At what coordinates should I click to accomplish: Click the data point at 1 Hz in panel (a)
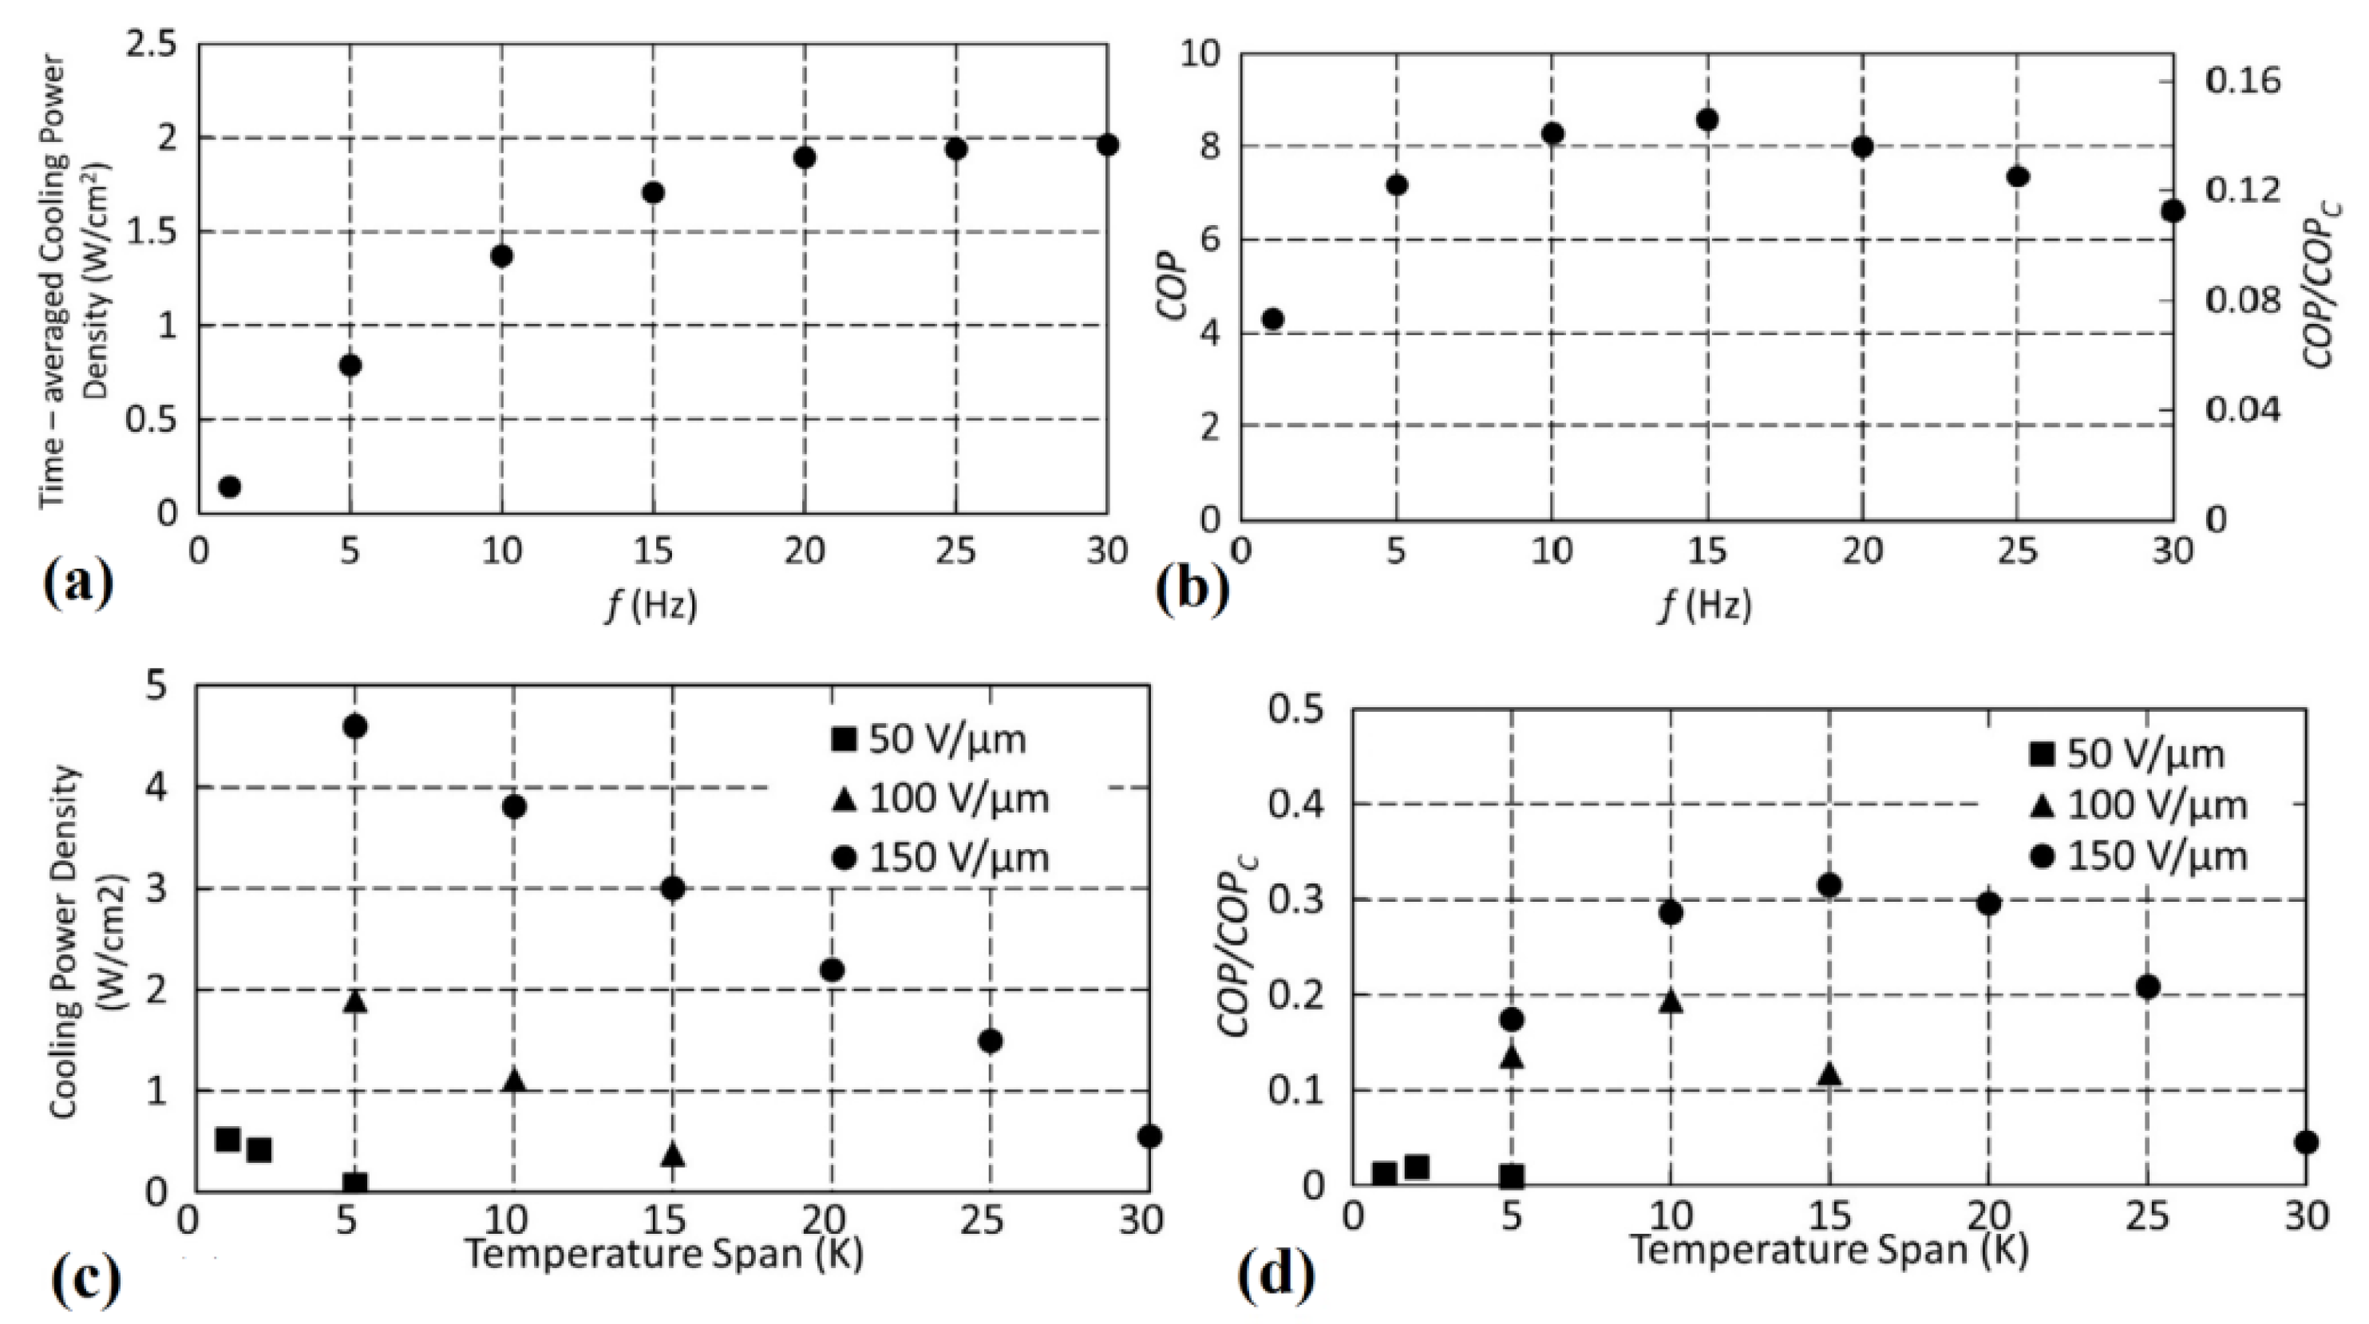(229, 486)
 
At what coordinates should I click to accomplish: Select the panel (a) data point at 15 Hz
(653, 192)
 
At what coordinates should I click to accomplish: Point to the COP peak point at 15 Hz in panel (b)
(1708, 120)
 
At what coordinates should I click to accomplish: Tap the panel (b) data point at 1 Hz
(1273, 319)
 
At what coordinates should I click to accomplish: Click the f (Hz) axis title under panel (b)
(1707, 604)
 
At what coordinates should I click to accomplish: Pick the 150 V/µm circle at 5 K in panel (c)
(355, 726)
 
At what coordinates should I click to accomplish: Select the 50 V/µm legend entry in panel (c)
(928, 738)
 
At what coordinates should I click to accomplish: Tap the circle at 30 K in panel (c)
(1149, 1136)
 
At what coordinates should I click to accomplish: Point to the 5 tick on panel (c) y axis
(156, 686)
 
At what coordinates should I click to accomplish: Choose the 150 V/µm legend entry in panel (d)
(2138, 857)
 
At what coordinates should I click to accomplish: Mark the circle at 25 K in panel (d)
(2148, 986)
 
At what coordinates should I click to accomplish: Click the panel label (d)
(1276, 1277)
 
